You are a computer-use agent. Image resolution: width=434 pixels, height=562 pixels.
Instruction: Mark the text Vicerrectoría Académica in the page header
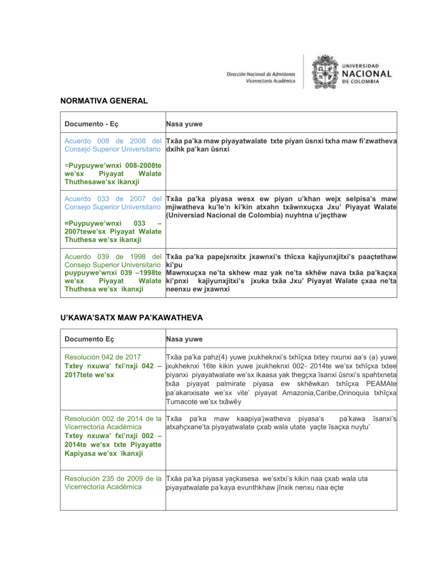[271, 81]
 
